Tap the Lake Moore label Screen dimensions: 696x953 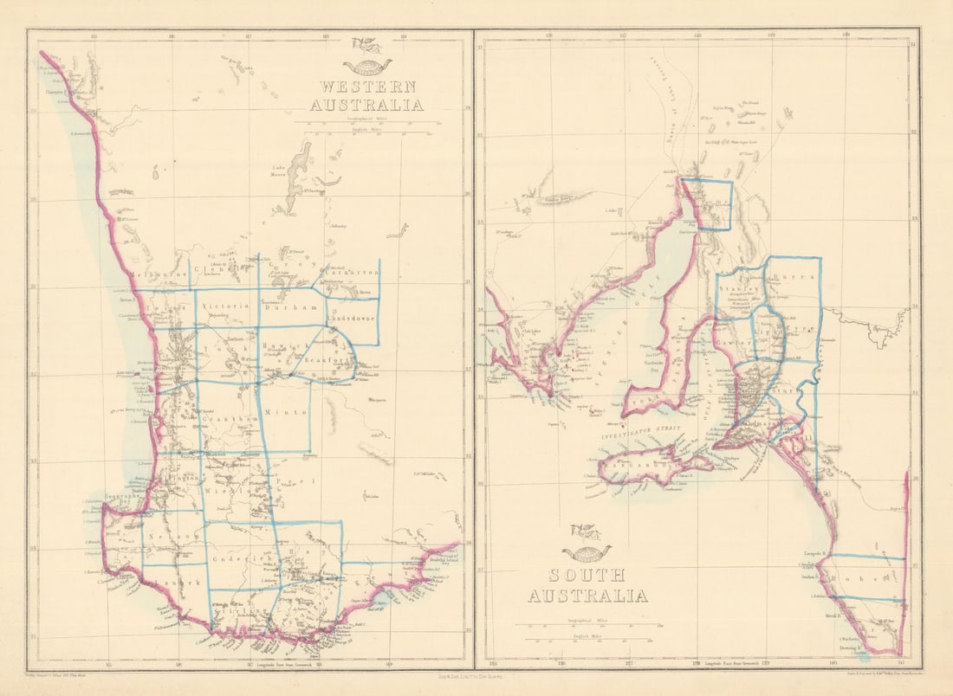(x=278, y=170)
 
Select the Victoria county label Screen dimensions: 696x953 (x=225, y=306)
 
